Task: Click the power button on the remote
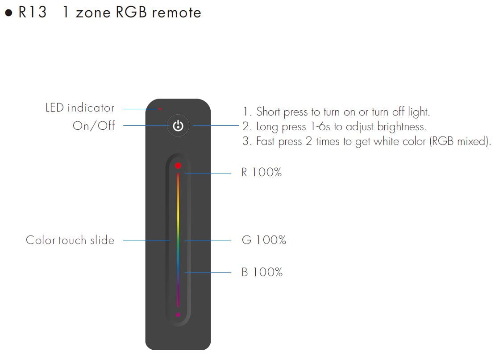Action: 178,126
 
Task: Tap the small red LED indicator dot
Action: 160,108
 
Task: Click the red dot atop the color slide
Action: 178,166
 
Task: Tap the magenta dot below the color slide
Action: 178,315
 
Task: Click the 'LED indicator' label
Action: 80,108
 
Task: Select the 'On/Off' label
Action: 94,126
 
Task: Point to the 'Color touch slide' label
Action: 70,240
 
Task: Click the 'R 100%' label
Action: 262,173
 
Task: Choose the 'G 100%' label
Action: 264,240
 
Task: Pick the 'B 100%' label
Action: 262,272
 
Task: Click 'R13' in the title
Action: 32,12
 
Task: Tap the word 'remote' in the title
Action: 176,12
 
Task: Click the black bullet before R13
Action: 8,13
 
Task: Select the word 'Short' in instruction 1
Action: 268,112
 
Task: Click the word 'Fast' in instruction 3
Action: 266,142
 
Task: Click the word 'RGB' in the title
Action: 132,12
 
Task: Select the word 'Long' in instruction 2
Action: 267,127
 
